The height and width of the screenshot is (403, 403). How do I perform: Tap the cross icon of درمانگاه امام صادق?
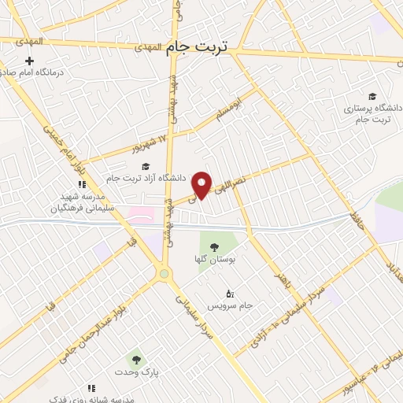(30, 61)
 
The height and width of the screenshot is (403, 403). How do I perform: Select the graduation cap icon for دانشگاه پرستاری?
(372, 96)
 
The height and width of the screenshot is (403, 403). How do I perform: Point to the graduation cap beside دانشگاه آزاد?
(145, 166)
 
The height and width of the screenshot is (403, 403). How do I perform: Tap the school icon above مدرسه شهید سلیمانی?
(82, 184)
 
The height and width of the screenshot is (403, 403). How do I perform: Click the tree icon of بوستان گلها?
(214, 249)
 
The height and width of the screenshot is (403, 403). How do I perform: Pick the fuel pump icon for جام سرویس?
(229, 294)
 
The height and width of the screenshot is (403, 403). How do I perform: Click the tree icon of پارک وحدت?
(136, 360)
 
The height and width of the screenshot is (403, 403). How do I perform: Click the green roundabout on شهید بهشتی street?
(164, 274)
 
